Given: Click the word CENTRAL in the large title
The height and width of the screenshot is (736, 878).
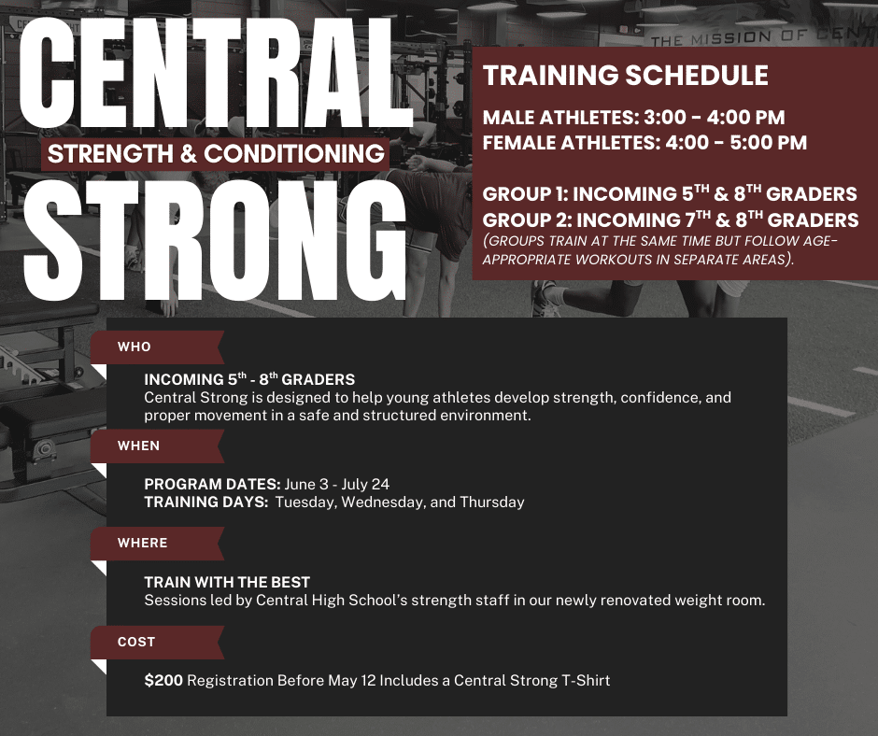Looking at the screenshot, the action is tap(216, 73).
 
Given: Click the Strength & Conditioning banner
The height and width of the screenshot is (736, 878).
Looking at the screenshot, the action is tap(216, 153).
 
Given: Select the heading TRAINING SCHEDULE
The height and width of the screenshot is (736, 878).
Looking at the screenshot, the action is tap(626, 76).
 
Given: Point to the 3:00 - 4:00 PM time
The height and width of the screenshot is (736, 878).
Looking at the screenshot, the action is tap(714, 118).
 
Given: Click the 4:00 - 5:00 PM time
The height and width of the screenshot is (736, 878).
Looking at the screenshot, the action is tap(736, 143).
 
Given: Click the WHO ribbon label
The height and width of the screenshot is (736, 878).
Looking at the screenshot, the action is tap(135, 347).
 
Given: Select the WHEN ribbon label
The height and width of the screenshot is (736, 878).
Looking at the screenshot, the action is tap(139, 446).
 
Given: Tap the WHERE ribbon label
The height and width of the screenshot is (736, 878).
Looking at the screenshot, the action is tap(142, 543).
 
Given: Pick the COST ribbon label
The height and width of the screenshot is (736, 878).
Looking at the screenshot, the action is tap(136, 642).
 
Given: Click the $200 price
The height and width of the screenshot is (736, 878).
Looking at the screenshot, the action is tap(163, 681).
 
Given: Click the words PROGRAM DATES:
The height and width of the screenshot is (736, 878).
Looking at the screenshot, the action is tap(212, 484).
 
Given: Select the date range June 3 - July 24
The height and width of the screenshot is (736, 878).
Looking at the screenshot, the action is tap(336, 484).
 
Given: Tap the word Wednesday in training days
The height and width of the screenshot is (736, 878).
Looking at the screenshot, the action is tap(383, 502).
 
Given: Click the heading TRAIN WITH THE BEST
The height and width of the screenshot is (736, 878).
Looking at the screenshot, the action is tap(227, 582).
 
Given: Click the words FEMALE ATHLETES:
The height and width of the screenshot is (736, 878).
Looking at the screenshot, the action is tap(572, 143).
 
